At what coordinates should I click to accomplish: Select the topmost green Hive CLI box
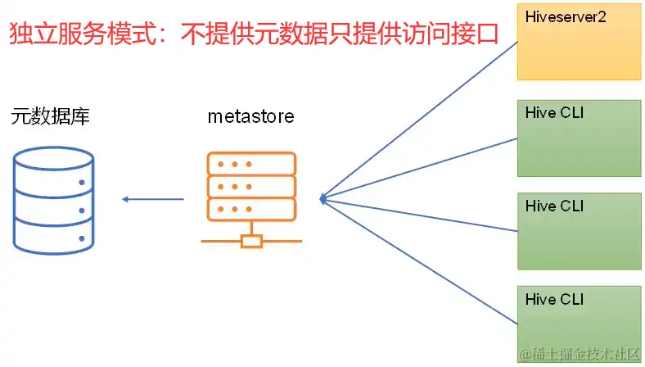pos(580,138)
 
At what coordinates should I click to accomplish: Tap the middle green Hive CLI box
pos(580,230)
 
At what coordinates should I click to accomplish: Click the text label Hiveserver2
pos(566,17)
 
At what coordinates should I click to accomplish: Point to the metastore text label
pos(250,116)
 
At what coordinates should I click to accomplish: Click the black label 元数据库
pos(50,116)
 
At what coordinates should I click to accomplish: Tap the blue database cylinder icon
pos(55,200)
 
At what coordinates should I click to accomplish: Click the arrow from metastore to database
pos(153,199)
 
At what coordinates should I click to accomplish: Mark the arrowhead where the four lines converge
pos(324,199)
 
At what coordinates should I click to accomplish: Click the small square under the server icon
pos(251,241)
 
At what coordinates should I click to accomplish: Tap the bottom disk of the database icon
pos(55,238)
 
